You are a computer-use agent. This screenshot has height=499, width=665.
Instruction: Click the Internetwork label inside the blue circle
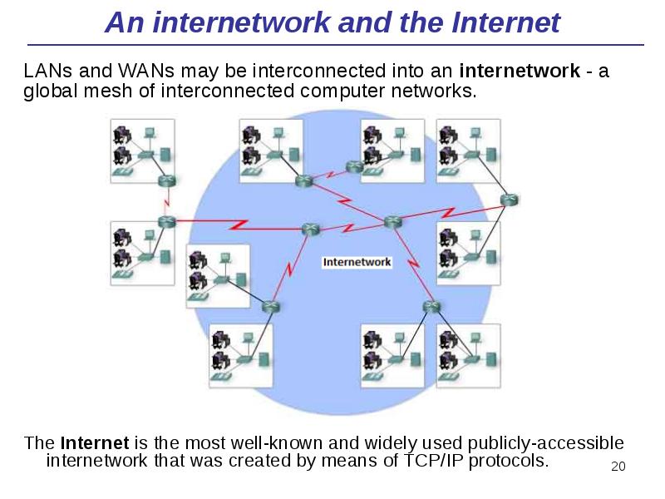[x=357, y=262]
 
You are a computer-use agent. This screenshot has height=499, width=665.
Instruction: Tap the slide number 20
[x=617, y=467]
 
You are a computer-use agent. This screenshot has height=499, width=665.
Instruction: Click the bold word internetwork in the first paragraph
[x=520, y=71]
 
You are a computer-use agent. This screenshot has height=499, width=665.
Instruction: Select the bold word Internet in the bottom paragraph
[x=95, y=442]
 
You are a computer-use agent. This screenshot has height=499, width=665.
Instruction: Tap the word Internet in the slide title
[x=506, y=23]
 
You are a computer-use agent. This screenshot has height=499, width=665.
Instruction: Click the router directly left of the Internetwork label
[x=311, y=229]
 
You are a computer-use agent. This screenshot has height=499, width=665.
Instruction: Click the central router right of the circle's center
[x=392, y=221]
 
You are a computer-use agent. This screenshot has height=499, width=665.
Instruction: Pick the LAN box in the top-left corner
[x=143, y=150]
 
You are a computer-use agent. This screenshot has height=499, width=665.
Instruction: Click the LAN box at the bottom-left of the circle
[x=241, y=356]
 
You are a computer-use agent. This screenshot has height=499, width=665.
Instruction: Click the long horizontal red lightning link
[x=237, y=224]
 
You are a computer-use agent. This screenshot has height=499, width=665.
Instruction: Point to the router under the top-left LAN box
[x=168, y=180]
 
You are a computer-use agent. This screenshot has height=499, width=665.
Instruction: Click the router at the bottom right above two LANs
[x=430, y=306]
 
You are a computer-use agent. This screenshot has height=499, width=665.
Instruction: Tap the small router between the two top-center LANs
[x=355, y=165]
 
